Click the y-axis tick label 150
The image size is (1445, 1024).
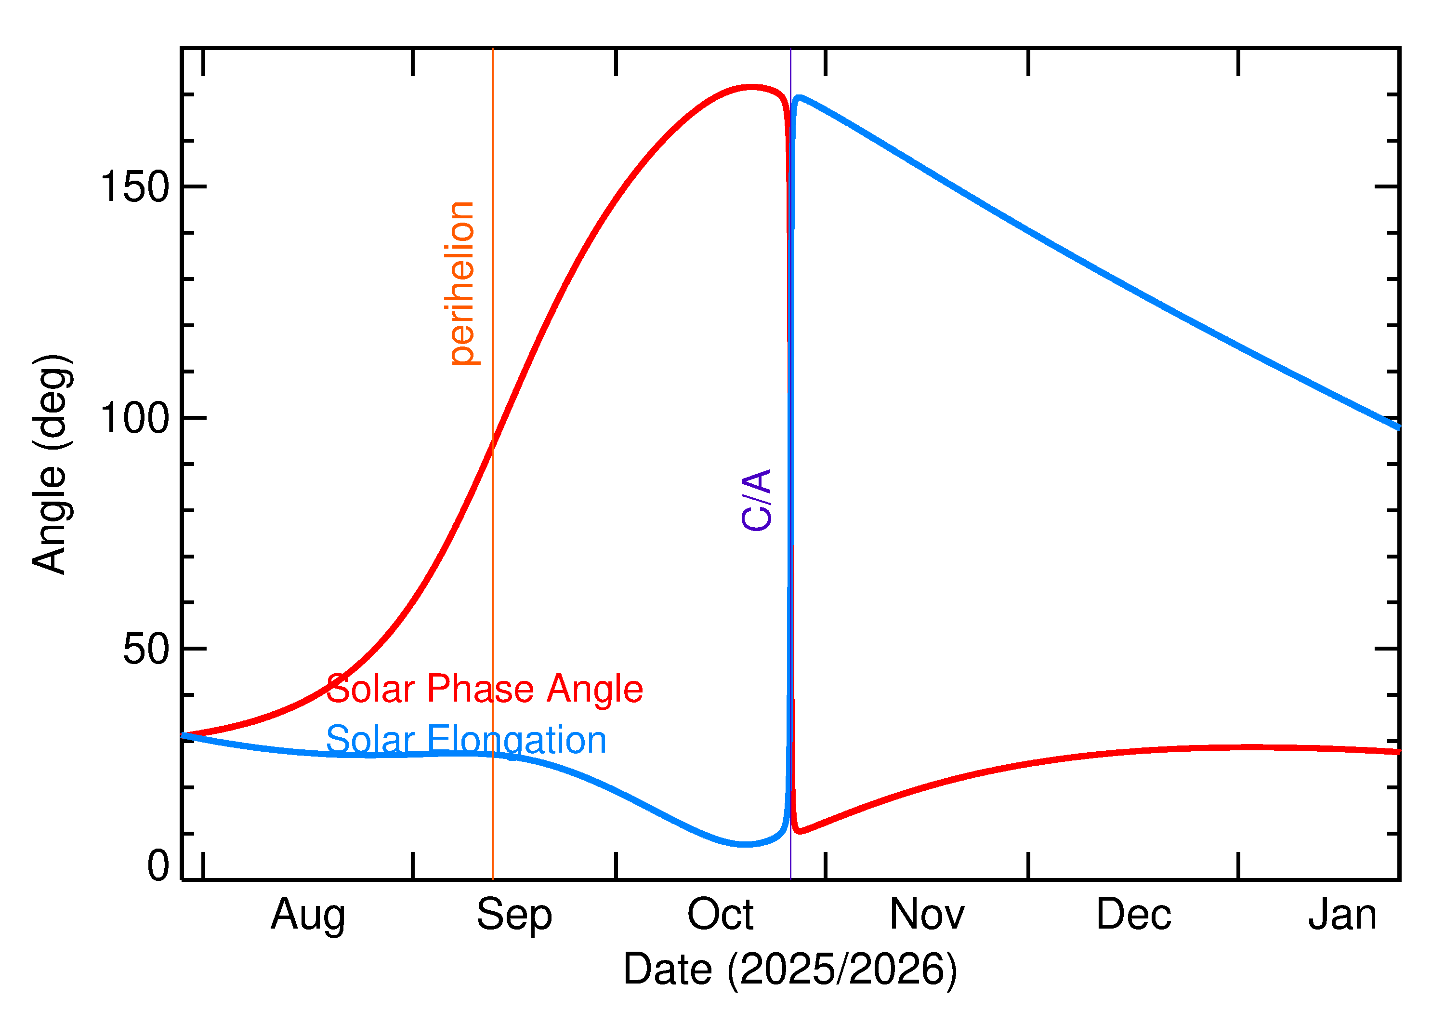[135, 187]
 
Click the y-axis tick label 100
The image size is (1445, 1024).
[135, 418]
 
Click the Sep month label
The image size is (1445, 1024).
[514, 916]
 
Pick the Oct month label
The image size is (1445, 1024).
[720, 916]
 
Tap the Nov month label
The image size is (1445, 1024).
[927, 916]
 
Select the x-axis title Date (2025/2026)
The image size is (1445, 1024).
[790, 970]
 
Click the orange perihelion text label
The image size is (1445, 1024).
[463, 283]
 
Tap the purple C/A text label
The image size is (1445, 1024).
[757, 500]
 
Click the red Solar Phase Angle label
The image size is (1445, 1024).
[484, 689]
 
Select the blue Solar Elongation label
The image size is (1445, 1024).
[466, 740]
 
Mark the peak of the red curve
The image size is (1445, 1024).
[750, 87]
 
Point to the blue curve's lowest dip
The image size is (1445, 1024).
[746, 844]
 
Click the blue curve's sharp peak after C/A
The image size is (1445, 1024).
[799, 98]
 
